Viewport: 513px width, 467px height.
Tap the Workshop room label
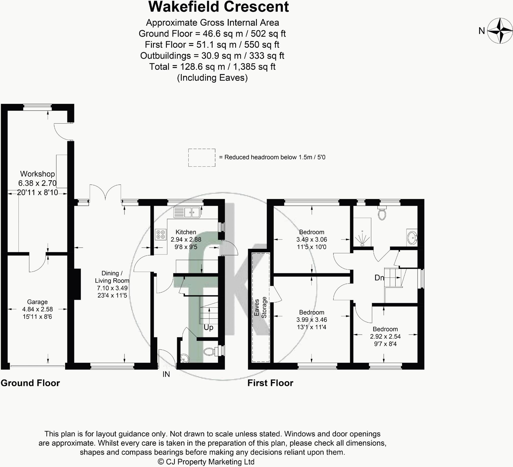click(37, 174)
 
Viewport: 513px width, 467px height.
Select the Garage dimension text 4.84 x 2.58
click(37, 309)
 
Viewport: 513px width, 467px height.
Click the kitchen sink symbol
click(187, 212)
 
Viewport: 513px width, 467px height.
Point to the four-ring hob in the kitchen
click(161, 234)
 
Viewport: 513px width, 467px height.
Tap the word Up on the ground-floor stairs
click(208, 327)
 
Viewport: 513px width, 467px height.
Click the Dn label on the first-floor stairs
click(379, 278)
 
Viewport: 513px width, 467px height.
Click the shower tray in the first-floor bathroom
click(362, 232)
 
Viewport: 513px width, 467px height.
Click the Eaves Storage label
click(260, 308)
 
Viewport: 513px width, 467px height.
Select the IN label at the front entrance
click(166, 374)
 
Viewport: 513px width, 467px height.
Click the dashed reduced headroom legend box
click(202, 158)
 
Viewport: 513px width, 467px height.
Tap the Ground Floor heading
click(30, 383)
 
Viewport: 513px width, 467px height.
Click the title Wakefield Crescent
click(218, 7)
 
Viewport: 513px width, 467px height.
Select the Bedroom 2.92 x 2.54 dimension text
click(385, 336)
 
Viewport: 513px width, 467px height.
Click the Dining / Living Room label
click(112, 277)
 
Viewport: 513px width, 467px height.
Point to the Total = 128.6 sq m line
click(212, 67)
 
